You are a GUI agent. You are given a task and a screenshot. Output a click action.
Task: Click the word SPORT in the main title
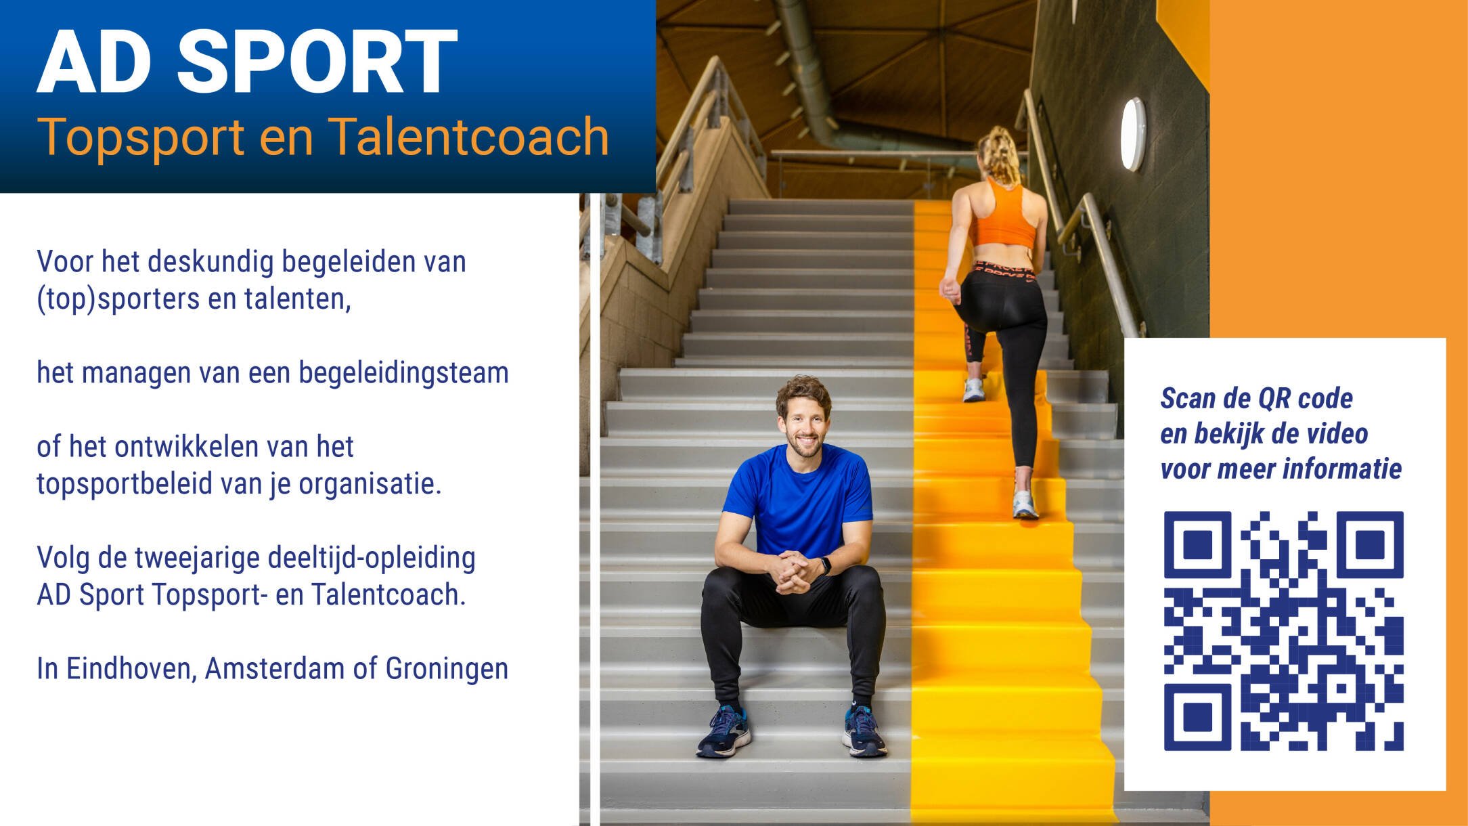coord(317,62)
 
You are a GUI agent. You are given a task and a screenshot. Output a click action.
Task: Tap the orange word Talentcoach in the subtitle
coord(468,137)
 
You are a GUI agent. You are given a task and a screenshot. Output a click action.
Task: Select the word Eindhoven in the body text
coord(131,668)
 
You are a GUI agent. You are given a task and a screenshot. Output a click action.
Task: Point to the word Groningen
coord(447,669)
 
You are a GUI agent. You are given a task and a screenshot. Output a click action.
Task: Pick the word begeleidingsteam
coord(403,373)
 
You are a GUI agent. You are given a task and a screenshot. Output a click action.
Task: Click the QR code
coord(1283,631)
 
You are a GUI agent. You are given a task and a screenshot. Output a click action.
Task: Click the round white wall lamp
coord(1133,134)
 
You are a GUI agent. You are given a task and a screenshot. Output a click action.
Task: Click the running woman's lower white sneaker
coord(1025,504)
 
